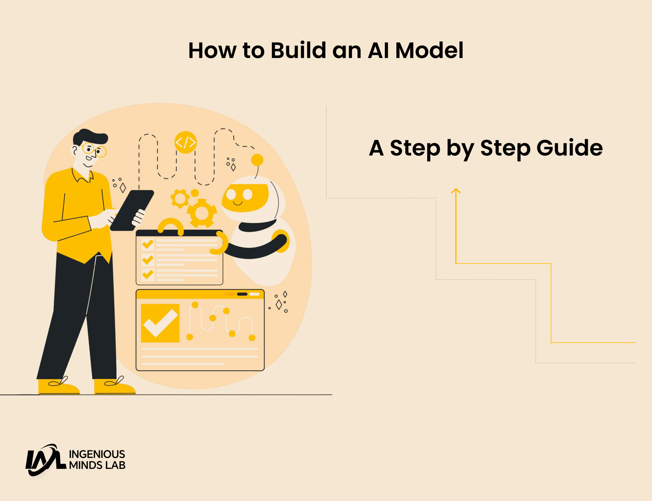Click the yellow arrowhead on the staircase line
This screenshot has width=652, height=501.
(x=456, y=190)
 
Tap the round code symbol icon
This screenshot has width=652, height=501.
(x=186, y=143)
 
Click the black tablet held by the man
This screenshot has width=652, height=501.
(x=132, y=210)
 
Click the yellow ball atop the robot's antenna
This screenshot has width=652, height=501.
(x=257, y=160)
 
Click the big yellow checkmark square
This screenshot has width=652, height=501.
(x=160, y=323)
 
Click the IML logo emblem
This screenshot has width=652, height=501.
(x=45, y=462)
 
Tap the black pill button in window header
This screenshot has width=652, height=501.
(x=242, y=294)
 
